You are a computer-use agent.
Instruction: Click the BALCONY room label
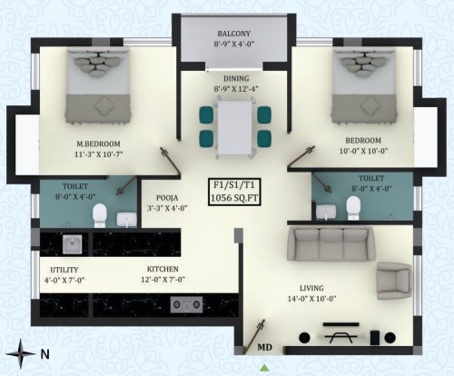(234, 34)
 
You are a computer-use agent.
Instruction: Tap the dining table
(234, 127)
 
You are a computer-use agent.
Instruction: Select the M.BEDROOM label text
(98, 143)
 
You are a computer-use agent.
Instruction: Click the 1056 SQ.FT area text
(234, 198)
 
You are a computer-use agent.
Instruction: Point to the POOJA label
(167, 198)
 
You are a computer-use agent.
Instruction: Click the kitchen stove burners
(186, 304)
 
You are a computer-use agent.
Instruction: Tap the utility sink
(72, 244)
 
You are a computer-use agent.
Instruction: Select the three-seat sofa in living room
(331, 243)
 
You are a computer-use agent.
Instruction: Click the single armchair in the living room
(394, 281)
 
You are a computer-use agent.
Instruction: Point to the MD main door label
(264, 347)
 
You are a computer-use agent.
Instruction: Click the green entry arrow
(265, 368)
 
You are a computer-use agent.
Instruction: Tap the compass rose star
(21, 353)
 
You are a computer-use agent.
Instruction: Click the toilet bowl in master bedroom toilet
(100, 214)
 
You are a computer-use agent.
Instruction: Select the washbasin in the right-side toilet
(326, 212)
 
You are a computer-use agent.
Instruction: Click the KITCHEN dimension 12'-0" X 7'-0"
(163, 280)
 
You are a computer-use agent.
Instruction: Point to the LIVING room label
(311, 288)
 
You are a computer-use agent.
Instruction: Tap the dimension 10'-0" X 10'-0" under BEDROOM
(363, 151)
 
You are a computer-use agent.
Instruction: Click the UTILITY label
(64, 270)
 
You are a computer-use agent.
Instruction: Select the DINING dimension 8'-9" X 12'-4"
(236, 89)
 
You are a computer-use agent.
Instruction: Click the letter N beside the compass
(44, 354)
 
